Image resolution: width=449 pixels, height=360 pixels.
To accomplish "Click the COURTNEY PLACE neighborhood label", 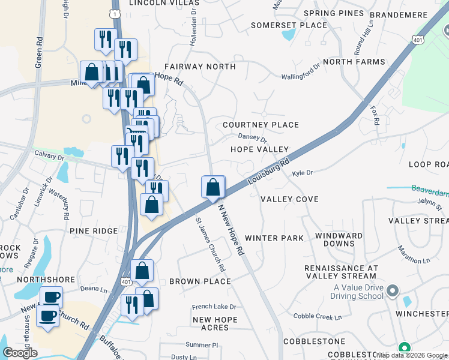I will tap(261, 125).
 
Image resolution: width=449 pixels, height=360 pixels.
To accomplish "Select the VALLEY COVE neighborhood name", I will tap(289, 199).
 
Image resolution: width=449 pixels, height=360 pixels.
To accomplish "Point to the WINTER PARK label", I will tap(274, 238).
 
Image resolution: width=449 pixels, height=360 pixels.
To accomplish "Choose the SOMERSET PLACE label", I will tap(289, 25).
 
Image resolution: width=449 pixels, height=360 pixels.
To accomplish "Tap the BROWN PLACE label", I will tap(200, 281).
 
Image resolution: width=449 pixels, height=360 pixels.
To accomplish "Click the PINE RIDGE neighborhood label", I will tap(93, 230).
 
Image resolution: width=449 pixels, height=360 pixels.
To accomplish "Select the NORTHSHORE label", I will tap(46, 280).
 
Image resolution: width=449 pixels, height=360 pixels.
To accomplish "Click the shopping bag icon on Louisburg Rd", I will tap(213, 187).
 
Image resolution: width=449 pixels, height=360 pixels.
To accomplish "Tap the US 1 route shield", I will tap(115, 12).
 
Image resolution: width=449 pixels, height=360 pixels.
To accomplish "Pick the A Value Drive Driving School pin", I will tap(393, 292).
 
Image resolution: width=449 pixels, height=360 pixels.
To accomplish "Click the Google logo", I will tap(19, 353).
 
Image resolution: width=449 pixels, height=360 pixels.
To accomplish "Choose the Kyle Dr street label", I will tap(303, 173).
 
